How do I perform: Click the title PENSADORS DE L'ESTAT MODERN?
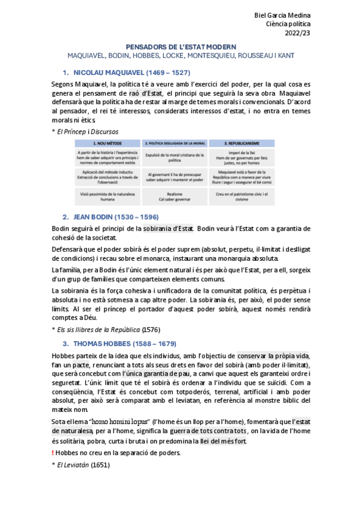[x=181, y=46]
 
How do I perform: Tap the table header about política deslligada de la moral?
[x=174, y=143]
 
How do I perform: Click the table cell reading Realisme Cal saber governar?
[x=174, y=195]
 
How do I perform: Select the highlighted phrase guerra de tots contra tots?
[x=210, y=430]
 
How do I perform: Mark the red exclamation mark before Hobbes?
[x=54, y=453]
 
